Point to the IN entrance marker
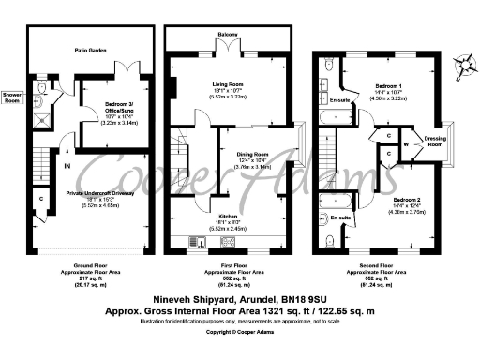[x=67, y=166]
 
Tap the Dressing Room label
[x=435, y=141]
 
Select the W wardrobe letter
[x=405, y=144]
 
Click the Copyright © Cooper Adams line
[x=239, y=331]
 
